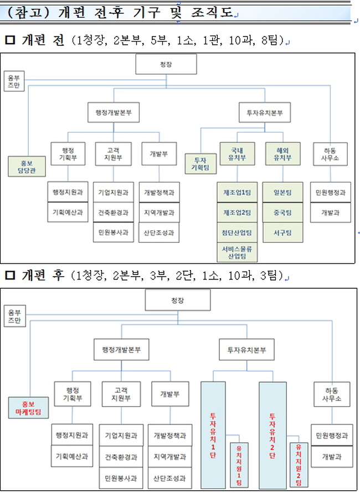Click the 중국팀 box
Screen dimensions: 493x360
(x=282, y=212)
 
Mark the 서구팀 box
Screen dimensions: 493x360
(x=282, y=232)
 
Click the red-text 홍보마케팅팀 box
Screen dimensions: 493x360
(x=28, y=408)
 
